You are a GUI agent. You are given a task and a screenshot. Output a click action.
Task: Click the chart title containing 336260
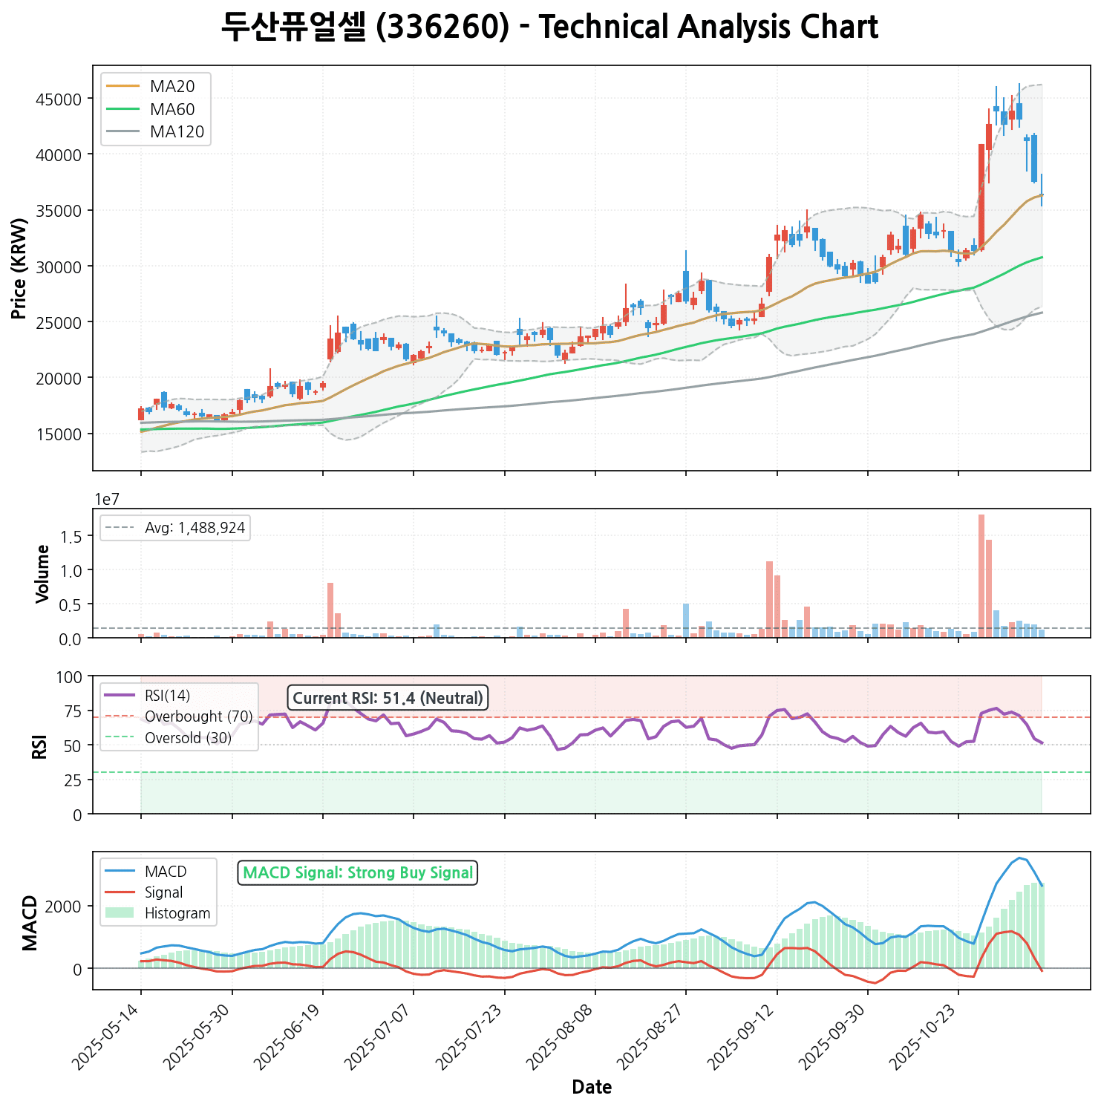click(x=549, y=27)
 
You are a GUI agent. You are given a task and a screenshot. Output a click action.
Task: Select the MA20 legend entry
click(x=172, y=87)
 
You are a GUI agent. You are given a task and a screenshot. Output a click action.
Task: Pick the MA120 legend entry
click(x=177, y=132)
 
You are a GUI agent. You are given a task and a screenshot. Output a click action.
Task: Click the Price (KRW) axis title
click(x=20, y=268)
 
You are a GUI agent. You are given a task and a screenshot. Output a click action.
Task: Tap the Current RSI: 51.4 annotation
click(x=388, y=698)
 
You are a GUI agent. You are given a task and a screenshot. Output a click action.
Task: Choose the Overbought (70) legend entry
click(x=198, y=716)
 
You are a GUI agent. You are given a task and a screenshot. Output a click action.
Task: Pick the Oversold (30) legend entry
click(x=188, y=738)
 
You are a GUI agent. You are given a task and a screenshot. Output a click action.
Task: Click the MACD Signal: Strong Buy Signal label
click(x=358, y=873)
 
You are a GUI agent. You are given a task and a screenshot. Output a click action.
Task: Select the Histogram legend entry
click(x=177, y=913)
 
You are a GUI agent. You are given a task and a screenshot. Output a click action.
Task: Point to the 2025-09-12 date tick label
click(x=742, y=1035)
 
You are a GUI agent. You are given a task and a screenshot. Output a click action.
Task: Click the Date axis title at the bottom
click(x=592, y=1088)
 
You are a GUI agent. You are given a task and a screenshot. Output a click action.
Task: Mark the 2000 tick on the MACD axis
click(x=68, y=907)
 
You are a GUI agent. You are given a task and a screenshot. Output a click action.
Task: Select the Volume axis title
click(x=42, y=573)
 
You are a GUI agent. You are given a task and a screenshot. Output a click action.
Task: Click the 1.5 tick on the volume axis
click(x=74, y=536)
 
